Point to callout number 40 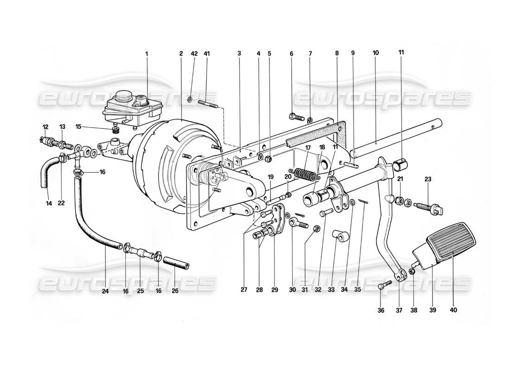pyautogui.click(x=453, y=310)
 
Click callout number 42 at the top pyautogui.click(x=194, y=54)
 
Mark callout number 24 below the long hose pyautogui.click(x=105, y=292)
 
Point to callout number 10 pyautogui.click(x=375, y=53)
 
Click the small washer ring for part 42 pyautogui.click(x=191, y=100)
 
